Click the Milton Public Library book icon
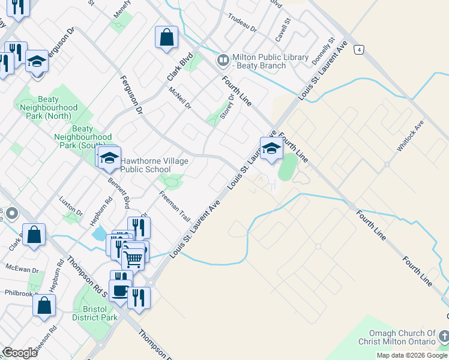point(223,60)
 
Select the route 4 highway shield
point(359,50)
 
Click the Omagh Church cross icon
point(443,336)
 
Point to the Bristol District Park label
point(95,313)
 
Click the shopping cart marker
point(133,259)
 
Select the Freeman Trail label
point(175,206)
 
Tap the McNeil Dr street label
point(179,97)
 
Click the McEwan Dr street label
point(22,269)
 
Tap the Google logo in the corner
point(20,353)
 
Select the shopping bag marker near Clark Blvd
point(166,37)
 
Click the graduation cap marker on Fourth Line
point(271,148)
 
